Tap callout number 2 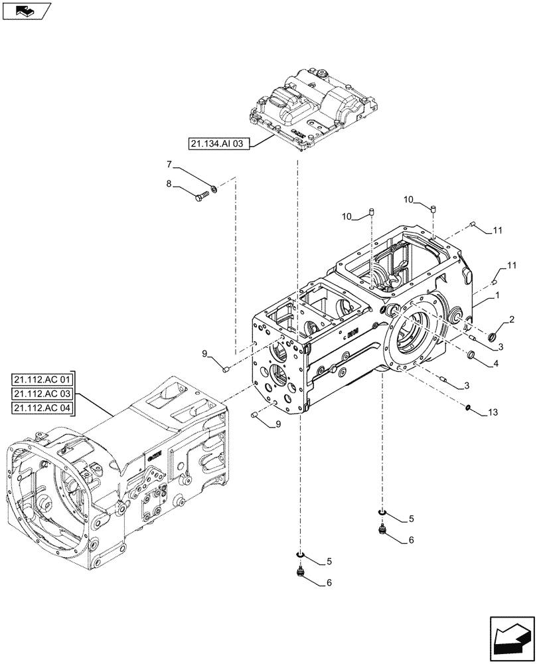click(x=512, y=321)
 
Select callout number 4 click(x=496, y=363)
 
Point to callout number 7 click(x=169, y=163)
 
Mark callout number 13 click(x=492, y=412)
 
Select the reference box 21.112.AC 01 click(x=44, y=380)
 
